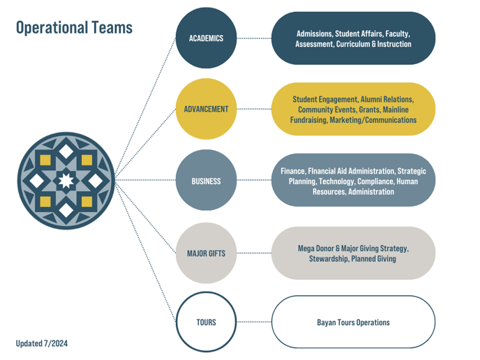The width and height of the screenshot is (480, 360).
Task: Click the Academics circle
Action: coord(206,38)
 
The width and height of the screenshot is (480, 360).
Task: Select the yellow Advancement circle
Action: coord(206,110)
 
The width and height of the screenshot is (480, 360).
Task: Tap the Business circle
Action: coord(206,181)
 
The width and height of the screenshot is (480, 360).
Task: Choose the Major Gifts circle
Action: coord(206,253)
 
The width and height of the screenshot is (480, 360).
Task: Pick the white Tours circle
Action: coord(206,322)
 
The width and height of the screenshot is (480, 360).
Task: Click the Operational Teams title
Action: coord(74,27)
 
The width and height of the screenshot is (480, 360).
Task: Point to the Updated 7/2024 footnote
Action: coord(42,343)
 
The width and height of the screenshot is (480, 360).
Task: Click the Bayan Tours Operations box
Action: coord(353,322)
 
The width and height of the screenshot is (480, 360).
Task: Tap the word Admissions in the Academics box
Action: coord(314,33)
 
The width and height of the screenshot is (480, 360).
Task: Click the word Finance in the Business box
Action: coord(293,171)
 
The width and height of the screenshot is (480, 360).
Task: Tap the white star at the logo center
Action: coord(66,181)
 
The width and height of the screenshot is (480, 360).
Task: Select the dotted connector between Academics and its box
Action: coord(253,38)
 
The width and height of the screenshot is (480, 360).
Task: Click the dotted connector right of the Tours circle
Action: coord(253,322)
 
